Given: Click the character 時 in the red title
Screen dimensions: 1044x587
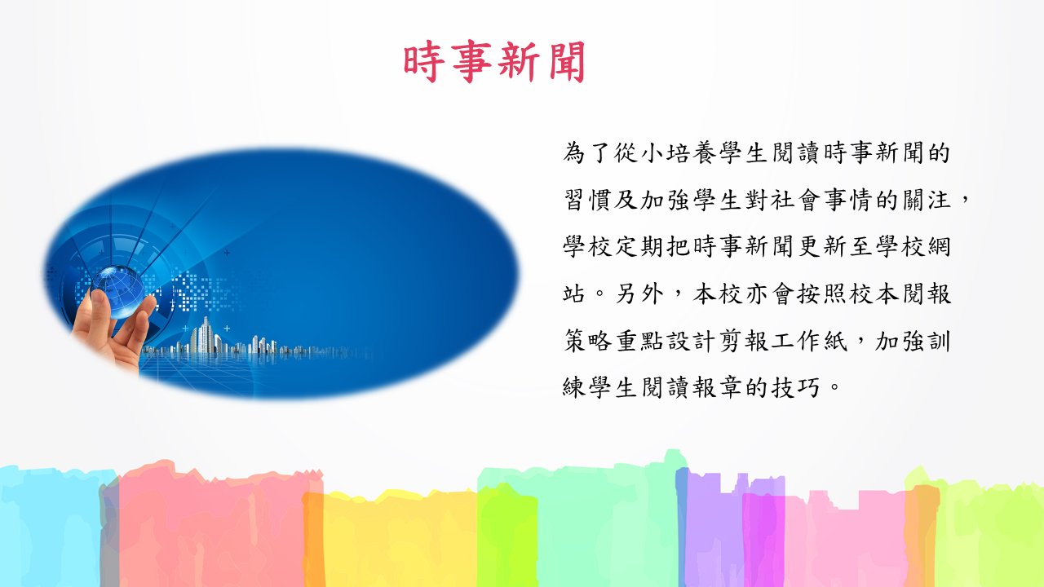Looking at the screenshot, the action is [422, 61].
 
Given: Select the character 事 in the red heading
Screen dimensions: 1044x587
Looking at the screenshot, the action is [471, 61].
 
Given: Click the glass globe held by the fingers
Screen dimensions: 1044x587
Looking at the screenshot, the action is [117, 292].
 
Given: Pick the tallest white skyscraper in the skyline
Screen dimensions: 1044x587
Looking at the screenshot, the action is [206, 335].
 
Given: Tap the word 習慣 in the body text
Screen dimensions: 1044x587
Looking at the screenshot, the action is [587, 201].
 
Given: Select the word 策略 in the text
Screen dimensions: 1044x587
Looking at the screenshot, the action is [587, 341].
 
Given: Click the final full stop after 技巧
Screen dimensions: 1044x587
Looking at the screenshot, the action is [834, 387].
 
